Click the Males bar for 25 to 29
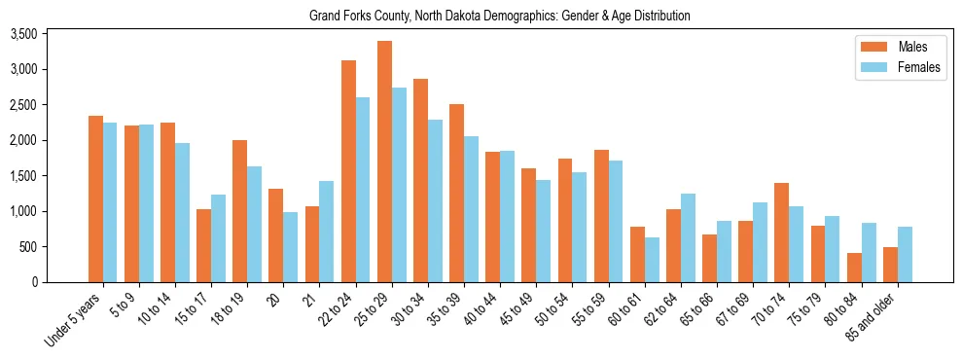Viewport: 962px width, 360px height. (x=385, y=162)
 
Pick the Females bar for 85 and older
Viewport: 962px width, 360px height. (x=905, y=254)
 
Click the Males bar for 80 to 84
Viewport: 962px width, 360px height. (x=854, y=268)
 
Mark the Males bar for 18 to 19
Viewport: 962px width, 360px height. (x=239, y=211)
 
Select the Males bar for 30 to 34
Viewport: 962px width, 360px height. (x=421, y=180)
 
